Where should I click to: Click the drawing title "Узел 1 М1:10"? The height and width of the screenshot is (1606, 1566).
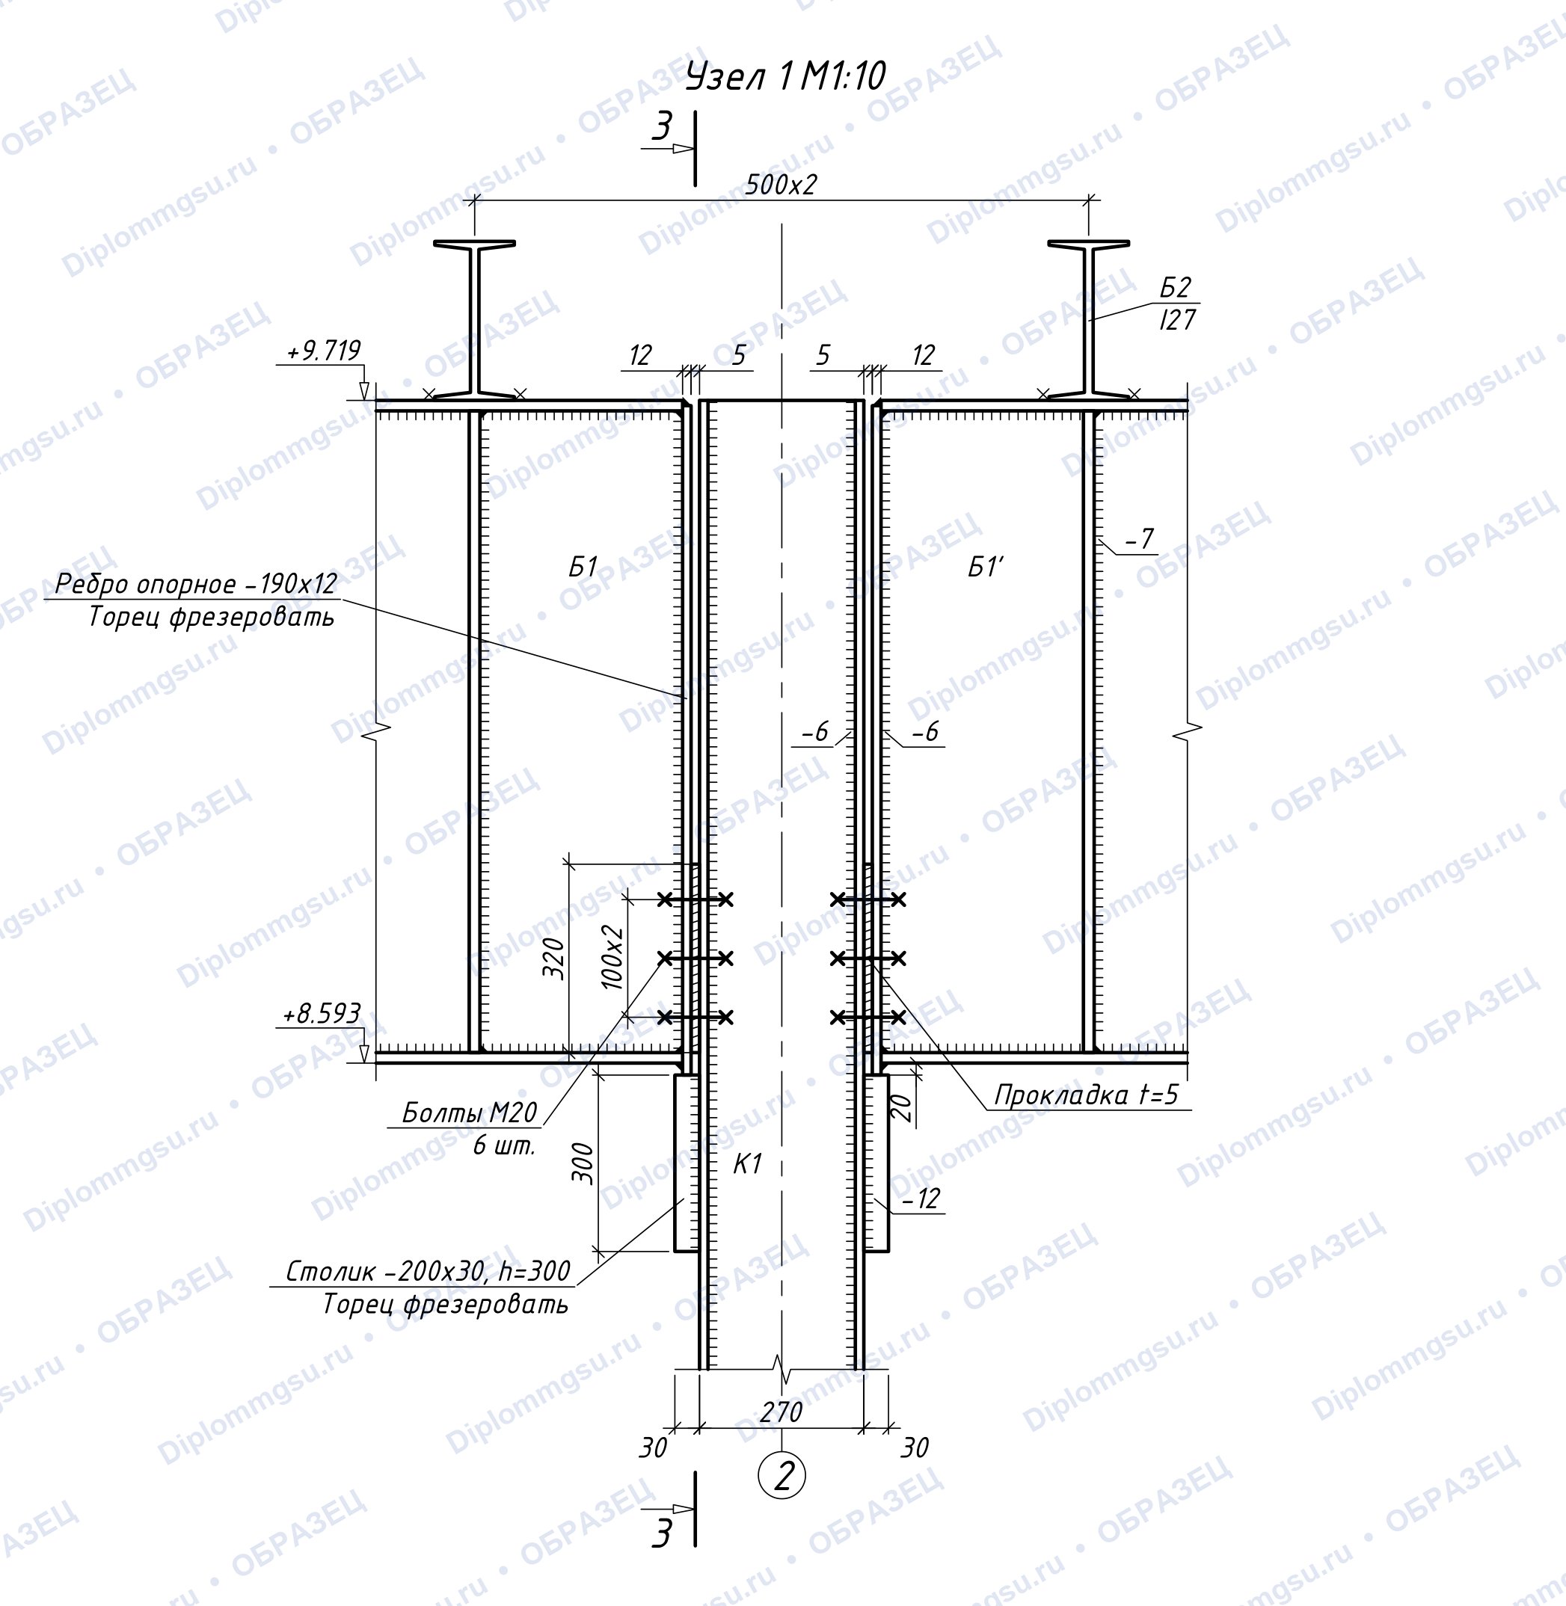click(x=785, y=77)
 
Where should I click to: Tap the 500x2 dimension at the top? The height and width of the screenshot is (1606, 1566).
click(x=782, y=185)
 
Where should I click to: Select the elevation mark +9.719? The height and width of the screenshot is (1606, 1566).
click(x=323, y=351)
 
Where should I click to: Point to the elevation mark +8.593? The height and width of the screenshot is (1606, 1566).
click(x=322, y=1014)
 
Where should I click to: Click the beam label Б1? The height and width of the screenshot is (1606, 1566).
click(x=583, y=567)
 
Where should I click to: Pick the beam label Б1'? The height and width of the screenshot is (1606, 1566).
click(x=986, y=567)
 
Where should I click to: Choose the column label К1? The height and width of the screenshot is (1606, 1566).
click(x=748, y=1163)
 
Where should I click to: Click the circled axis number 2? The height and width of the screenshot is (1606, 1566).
click(x=782, y=1477)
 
